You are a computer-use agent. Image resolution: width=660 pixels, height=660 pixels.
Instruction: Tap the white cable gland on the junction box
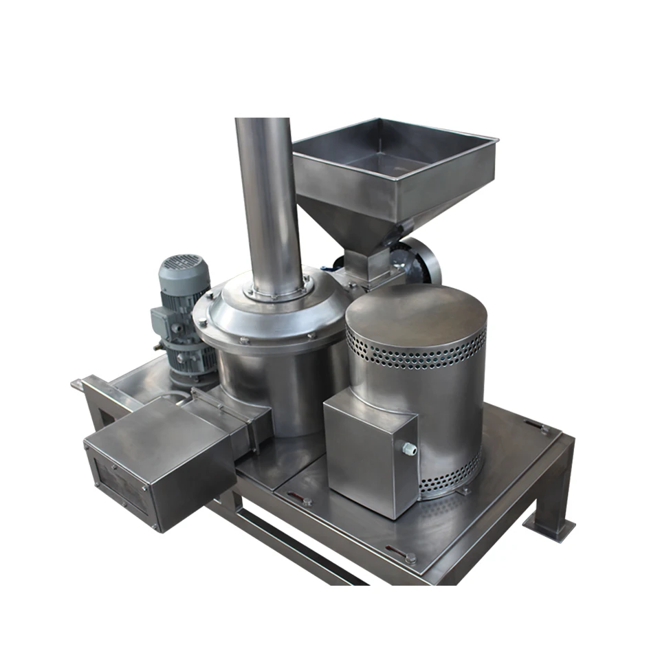pyautogui.click(x=410, y=449)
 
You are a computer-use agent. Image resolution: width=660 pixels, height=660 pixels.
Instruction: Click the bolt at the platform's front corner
pyautogui.click(x=410, y=558)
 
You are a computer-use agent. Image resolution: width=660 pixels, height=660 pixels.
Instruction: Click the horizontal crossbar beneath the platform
pyautogui.click(x=296, y=543)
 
